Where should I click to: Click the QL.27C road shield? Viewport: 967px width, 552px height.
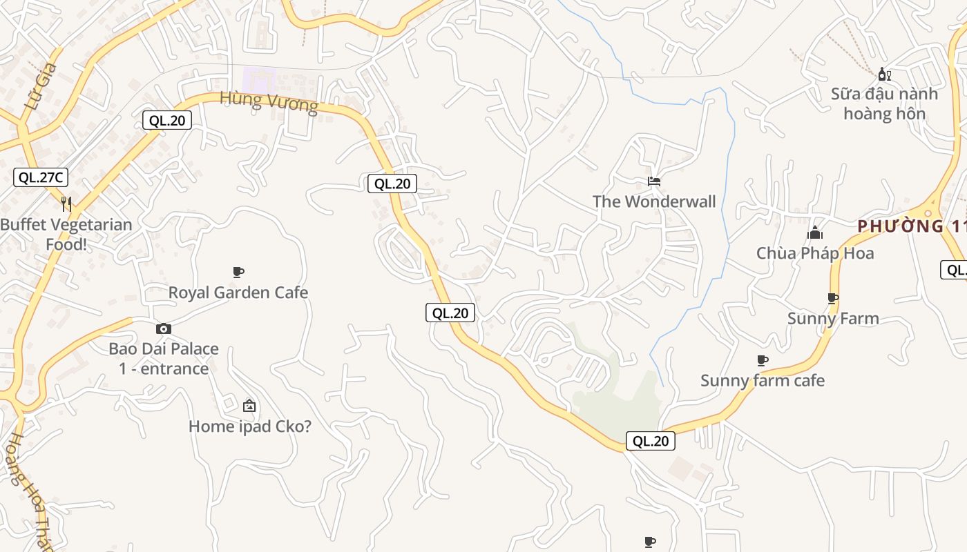tap(41, 177)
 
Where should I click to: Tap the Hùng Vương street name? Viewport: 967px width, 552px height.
tap(269, 102)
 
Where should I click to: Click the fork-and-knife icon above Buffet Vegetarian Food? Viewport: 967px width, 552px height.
tap(66, 204)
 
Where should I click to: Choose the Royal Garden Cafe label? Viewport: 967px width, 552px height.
tap(238, 293)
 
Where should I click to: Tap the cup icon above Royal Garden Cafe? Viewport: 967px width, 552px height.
tap(238, 272)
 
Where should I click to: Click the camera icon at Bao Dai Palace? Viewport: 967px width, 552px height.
tap(164, 328)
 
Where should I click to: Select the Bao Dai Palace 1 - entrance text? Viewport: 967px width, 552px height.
tap(164, 358)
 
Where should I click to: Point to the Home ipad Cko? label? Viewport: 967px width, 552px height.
tap(250, 426)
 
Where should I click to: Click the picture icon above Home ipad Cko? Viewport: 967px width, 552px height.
tap(249, 406)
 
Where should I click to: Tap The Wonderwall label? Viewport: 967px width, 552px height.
tap(654, 201)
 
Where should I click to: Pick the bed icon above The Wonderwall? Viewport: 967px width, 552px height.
tap(654, 181)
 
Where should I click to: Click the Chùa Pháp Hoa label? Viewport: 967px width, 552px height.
tap(815, 253)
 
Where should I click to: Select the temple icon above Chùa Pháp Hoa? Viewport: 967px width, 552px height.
tap(815, 233)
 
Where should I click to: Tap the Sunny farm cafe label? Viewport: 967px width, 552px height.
tap(763, 381)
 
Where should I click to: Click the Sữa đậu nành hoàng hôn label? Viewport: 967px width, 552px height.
tap(884, 103)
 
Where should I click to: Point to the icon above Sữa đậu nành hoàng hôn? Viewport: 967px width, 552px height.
tap(884, 74)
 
